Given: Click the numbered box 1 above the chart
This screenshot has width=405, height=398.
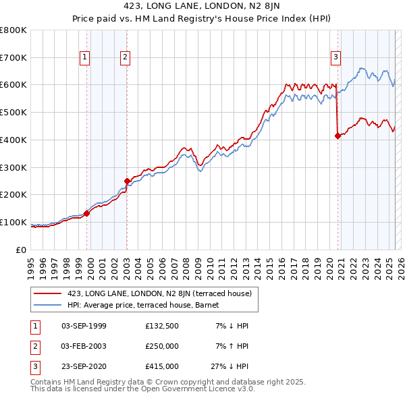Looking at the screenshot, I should point(85,58).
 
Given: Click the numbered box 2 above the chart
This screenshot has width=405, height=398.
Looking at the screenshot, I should point(126,58).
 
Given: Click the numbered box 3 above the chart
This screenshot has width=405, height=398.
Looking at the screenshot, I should point(335,58).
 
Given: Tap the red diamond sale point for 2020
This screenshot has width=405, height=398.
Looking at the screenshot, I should point(337,136).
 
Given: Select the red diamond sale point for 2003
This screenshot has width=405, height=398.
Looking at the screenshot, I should point(127,181).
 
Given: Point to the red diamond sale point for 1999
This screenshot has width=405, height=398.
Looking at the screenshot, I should point(87,213).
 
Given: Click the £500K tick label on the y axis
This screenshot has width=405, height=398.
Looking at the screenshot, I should point(13,112).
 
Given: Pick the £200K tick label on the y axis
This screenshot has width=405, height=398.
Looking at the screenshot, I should point(13,194).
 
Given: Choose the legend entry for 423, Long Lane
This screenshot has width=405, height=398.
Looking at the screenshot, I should point(159,293).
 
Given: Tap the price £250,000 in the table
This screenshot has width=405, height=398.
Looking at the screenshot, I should point(162,346).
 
